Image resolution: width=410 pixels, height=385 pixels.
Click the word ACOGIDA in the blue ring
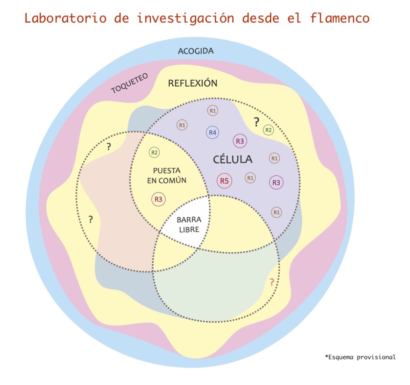point(195,51)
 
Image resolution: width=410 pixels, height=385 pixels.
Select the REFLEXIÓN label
point(192,83)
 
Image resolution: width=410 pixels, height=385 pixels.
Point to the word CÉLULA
point(233,159)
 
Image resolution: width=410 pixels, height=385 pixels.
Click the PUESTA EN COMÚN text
point(167,176)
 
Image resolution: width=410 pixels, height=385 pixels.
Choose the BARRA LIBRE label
point(189,224)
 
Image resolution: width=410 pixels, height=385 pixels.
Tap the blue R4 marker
point(213,132)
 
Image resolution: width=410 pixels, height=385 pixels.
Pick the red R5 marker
point(224,181)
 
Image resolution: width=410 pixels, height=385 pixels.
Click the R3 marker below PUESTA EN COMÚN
point(159,199)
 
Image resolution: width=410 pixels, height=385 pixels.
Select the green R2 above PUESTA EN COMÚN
point(154,152)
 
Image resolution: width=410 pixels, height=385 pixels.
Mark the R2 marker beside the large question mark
point(268,130)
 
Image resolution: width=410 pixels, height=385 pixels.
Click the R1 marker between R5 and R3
point(250,177)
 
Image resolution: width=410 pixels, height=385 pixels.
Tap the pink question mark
point(272,282)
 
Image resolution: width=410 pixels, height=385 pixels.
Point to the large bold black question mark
point(256,122)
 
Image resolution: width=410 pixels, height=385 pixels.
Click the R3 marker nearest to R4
point(240,141)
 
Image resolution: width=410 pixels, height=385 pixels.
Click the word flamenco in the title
point(340,18)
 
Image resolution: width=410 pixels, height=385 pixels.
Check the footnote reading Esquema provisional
point(360,357)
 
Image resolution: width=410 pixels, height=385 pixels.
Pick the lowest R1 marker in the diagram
point(277,212)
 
